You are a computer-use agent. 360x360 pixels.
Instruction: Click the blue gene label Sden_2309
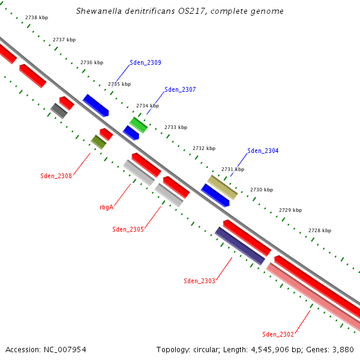[145, 62]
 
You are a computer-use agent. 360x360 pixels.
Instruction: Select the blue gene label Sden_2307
[180, 89]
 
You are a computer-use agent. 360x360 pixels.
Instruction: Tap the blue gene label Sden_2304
[263, 151]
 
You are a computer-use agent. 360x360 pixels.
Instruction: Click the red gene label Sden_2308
[56, 176]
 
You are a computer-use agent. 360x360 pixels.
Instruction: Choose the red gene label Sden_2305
[128, 229]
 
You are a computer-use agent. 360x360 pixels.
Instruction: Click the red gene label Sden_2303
[199, 281]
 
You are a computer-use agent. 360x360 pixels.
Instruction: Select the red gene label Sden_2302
[278, 334]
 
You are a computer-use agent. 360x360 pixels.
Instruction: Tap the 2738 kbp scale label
[37, 18]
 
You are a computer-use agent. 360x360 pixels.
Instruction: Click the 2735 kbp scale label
[119, 84]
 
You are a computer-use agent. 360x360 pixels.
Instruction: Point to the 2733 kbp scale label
[176, 127]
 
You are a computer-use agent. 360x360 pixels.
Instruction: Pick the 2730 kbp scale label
[262, 190]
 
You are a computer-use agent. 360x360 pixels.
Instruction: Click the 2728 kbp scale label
[320, 230]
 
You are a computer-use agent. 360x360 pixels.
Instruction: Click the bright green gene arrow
[138, 125]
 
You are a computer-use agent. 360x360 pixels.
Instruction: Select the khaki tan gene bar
[222, 187]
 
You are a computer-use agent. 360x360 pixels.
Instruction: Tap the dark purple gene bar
[239, 245]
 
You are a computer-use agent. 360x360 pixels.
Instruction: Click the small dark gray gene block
[59, 110]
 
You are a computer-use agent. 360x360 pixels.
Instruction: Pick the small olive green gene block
[98, 142]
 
